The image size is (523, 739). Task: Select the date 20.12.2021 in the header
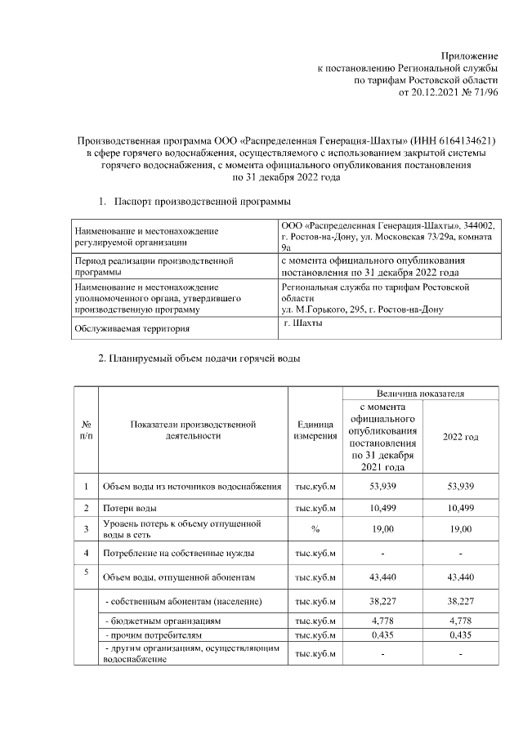[439, 93]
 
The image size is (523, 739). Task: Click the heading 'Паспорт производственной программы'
[203, 201]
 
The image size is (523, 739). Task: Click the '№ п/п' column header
[87, 430]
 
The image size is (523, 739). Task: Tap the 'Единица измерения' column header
[315, 430]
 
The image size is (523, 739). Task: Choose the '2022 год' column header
[461, 437]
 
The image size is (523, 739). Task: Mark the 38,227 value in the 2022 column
[461, 603]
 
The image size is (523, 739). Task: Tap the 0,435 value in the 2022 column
[461, 635]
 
